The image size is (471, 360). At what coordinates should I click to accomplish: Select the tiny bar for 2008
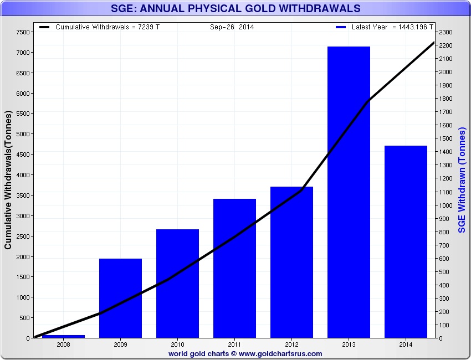pos(63,336)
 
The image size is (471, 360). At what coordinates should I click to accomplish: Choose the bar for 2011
pos(234,268)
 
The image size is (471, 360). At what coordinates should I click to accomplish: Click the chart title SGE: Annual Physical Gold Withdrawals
pos(235,8)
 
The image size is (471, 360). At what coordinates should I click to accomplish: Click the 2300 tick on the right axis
pos(446,32)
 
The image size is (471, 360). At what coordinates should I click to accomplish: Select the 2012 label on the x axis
pos(291,344)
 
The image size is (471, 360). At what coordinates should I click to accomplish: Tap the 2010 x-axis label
pos(177,344)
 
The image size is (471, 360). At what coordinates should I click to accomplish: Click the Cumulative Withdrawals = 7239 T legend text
pos(108,27)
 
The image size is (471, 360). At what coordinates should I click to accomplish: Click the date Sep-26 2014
pos(232,27)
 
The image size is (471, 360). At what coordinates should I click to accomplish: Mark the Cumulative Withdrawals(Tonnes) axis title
pos(8,179)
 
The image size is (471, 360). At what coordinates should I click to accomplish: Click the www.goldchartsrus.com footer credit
pos(280,353)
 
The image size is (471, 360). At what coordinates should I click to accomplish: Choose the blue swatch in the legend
pos(341,27)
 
